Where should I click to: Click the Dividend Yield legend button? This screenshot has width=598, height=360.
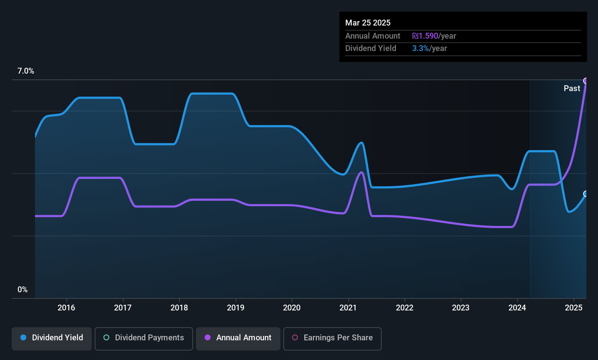point(51,339)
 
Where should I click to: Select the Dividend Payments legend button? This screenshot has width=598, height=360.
point(143,339)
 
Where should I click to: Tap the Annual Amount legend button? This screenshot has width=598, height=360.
point(238,339)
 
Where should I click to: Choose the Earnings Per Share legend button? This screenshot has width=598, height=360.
point(333,339)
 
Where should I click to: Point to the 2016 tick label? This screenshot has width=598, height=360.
point(67,308)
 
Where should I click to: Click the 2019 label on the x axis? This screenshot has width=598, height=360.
point(236,308)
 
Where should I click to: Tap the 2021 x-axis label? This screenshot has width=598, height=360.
point(348,308)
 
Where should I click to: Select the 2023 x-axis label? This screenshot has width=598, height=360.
point(461,308)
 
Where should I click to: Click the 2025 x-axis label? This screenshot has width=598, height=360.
point(574,308)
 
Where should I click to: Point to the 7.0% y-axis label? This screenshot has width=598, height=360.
point(26,71)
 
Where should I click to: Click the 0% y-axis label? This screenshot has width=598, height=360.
point(23,290)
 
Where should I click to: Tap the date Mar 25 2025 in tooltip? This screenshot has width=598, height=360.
point(368,23)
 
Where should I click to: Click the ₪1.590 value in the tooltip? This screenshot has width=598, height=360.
point(425,36)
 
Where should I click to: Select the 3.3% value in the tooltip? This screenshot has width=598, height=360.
point(421,48)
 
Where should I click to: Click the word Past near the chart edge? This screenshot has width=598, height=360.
point(572,89)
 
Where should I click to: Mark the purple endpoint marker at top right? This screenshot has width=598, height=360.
point(586,81)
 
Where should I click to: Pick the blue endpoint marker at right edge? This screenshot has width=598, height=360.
point(586,194)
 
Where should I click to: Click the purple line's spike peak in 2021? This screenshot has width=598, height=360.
point(362,172)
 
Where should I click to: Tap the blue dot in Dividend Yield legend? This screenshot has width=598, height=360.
point(24,337)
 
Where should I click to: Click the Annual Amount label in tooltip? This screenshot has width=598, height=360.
point(373,36)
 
